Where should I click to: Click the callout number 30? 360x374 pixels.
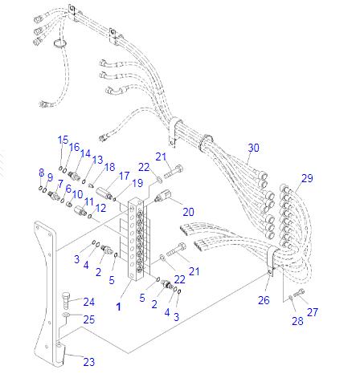254,148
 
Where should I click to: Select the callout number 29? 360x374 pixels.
308,177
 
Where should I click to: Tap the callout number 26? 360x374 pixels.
263,301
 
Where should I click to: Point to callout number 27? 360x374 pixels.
312,313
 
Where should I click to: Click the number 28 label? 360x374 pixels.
297,322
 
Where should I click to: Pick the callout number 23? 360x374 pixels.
88,362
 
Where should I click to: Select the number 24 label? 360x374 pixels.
88,303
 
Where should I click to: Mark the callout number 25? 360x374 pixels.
88,319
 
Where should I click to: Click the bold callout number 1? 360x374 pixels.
118,307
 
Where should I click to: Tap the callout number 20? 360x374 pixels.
189,212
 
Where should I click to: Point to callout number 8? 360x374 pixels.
41,173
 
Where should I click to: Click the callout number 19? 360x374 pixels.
137,183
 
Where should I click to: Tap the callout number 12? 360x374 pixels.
100,209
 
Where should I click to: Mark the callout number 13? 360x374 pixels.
96,160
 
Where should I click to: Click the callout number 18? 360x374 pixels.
109,167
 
